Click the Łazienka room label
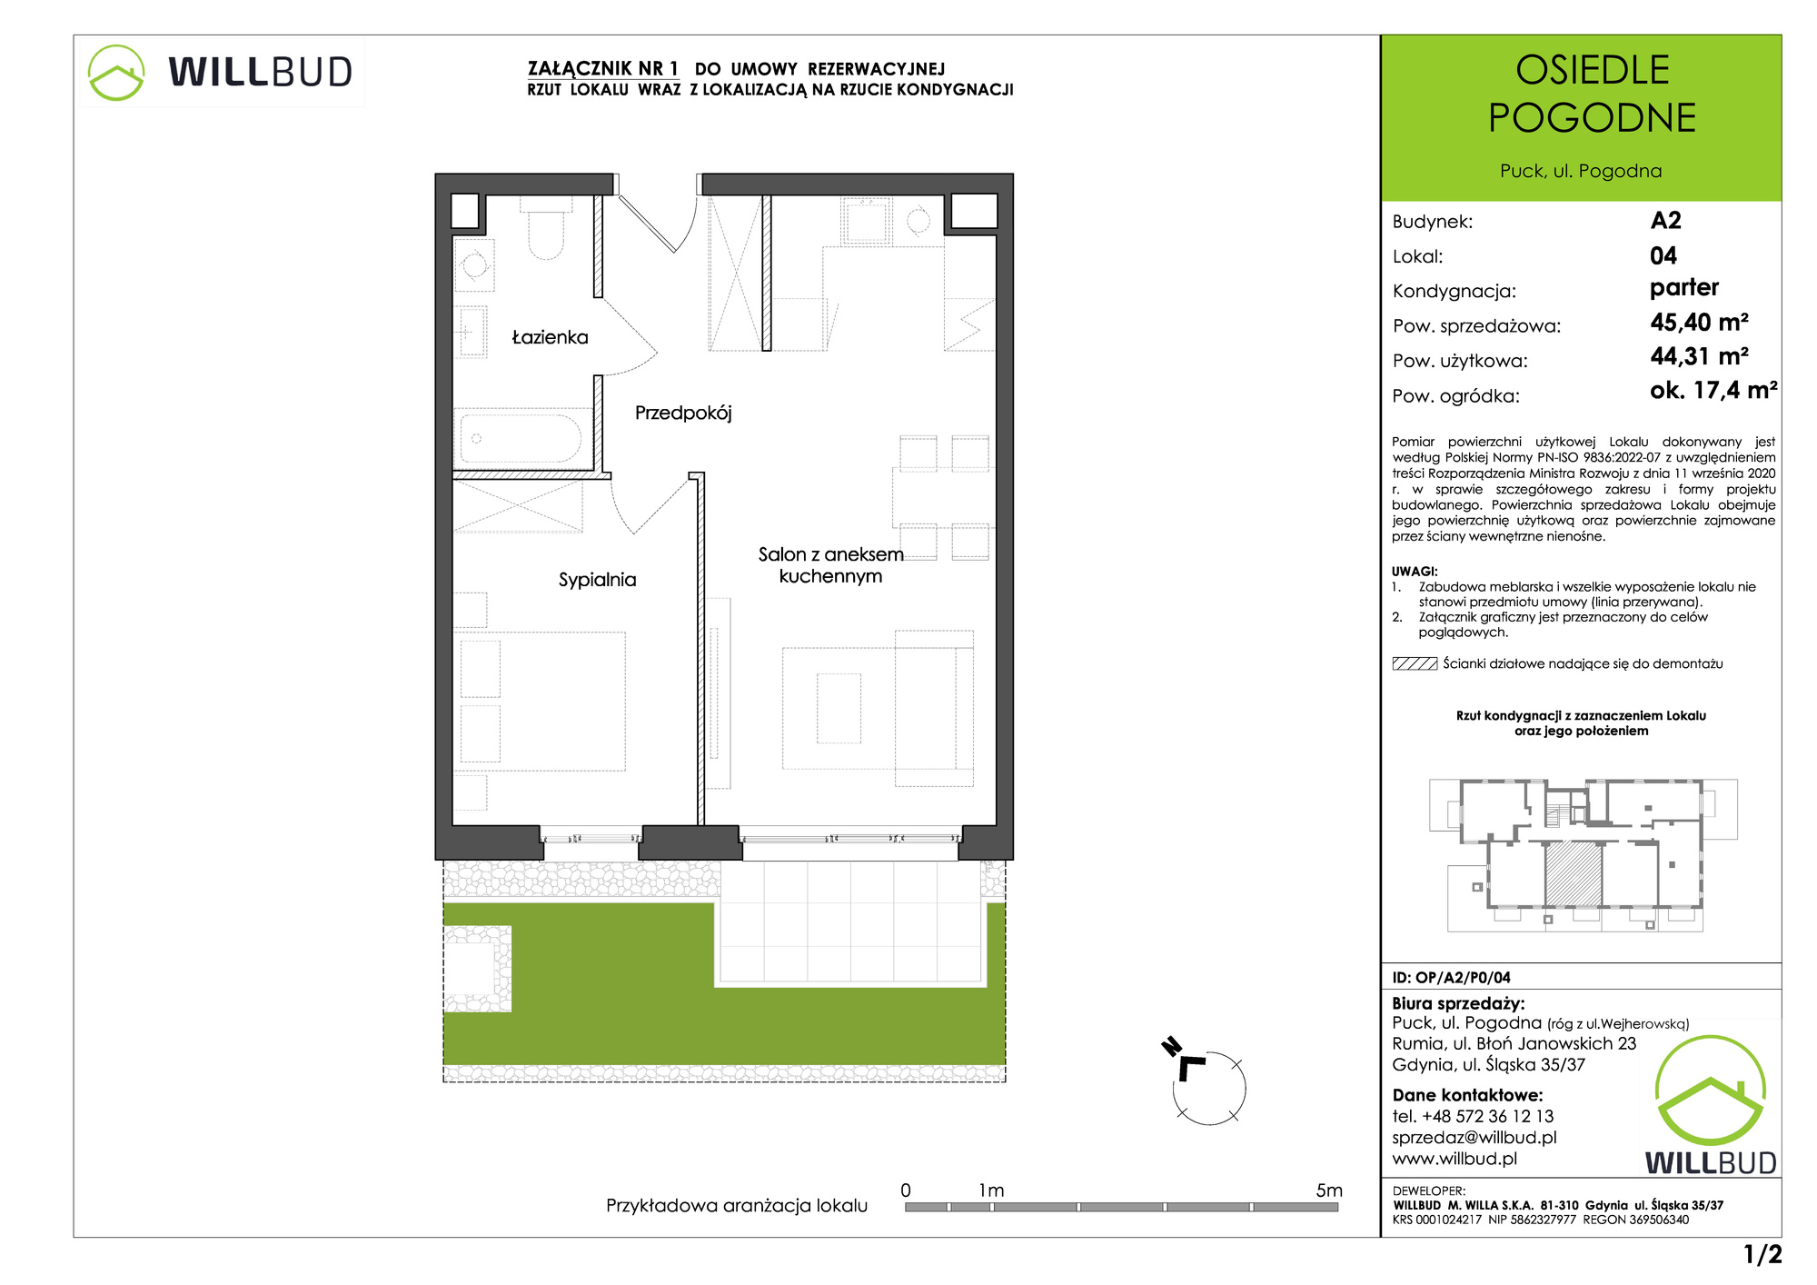550,337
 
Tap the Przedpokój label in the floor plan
683,413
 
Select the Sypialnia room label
597,580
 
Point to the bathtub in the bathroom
521,439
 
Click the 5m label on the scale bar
1328,1190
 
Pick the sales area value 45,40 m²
1699,323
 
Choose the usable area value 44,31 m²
1699,356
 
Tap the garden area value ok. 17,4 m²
1713,391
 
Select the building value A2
1666,221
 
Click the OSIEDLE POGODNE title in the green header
1592,94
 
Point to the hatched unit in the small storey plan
1574,873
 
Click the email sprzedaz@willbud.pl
1474,1138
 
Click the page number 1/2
1762,1255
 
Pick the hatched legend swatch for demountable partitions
1415,664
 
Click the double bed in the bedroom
542,702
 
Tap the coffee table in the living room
839,708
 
